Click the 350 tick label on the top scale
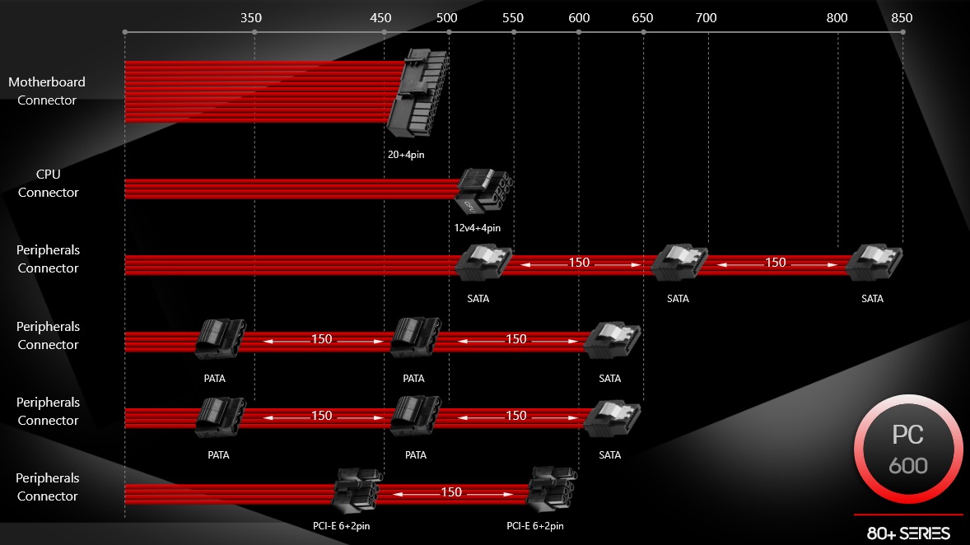251,18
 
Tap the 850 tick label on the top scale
902,18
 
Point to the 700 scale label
706,18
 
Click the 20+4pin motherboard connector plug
418,92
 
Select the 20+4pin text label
406,155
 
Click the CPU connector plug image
484,190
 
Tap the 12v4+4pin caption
478,228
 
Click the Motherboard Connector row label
47,91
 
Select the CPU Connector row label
49,183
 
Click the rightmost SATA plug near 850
874,263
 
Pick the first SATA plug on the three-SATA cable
483,263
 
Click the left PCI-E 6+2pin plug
357,491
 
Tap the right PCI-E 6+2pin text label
535,526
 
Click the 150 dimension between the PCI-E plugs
451,492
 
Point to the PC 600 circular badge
908,450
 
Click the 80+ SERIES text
908,533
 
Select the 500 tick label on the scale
446,18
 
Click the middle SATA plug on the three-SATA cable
679,263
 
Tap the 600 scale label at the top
579,18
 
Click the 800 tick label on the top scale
837,18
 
